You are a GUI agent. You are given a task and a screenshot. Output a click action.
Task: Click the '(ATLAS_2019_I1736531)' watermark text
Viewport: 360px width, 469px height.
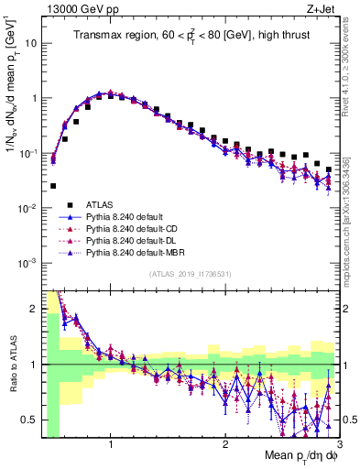click(x=189, y=274)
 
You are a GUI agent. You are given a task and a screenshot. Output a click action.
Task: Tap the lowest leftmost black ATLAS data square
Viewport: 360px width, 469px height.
click(x=53, y=186)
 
